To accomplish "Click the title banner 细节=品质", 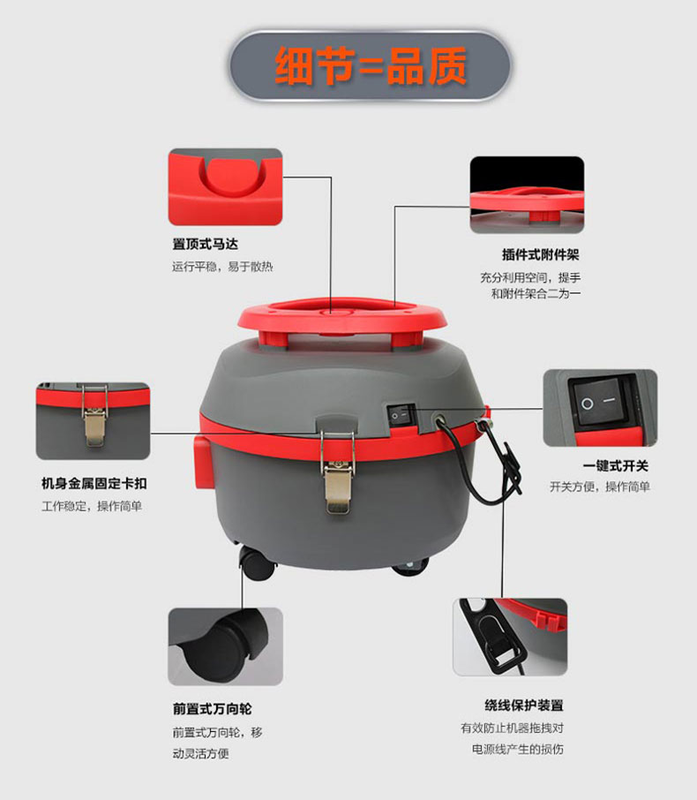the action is click(370, 66).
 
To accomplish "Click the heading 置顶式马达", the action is click(205, 245).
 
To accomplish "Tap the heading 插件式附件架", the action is click(541, 254).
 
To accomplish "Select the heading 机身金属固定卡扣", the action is click(94, 483).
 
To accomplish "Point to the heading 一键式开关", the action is click(616, 466).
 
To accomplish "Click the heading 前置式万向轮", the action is click(212, 709).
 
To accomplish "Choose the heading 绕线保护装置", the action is click(524, 706).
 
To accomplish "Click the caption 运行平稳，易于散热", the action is click(222, 267).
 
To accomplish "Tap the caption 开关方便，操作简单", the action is click(600, 487).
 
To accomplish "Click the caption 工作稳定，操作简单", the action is click(92, 506).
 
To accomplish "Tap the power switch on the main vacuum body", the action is click(401, 416).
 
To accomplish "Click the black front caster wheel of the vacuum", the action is click(257, 562).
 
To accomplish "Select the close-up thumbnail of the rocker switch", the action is click(600, 408).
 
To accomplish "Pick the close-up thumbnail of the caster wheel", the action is click(225, 646).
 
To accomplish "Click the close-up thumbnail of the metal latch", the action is click(94, 421).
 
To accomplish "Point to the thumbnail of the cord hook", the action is click(510, 638).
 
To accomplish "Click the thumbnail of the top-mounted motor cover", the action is click(225, 186).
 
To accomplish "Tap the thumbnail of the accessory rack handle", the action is click(528, 195).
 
